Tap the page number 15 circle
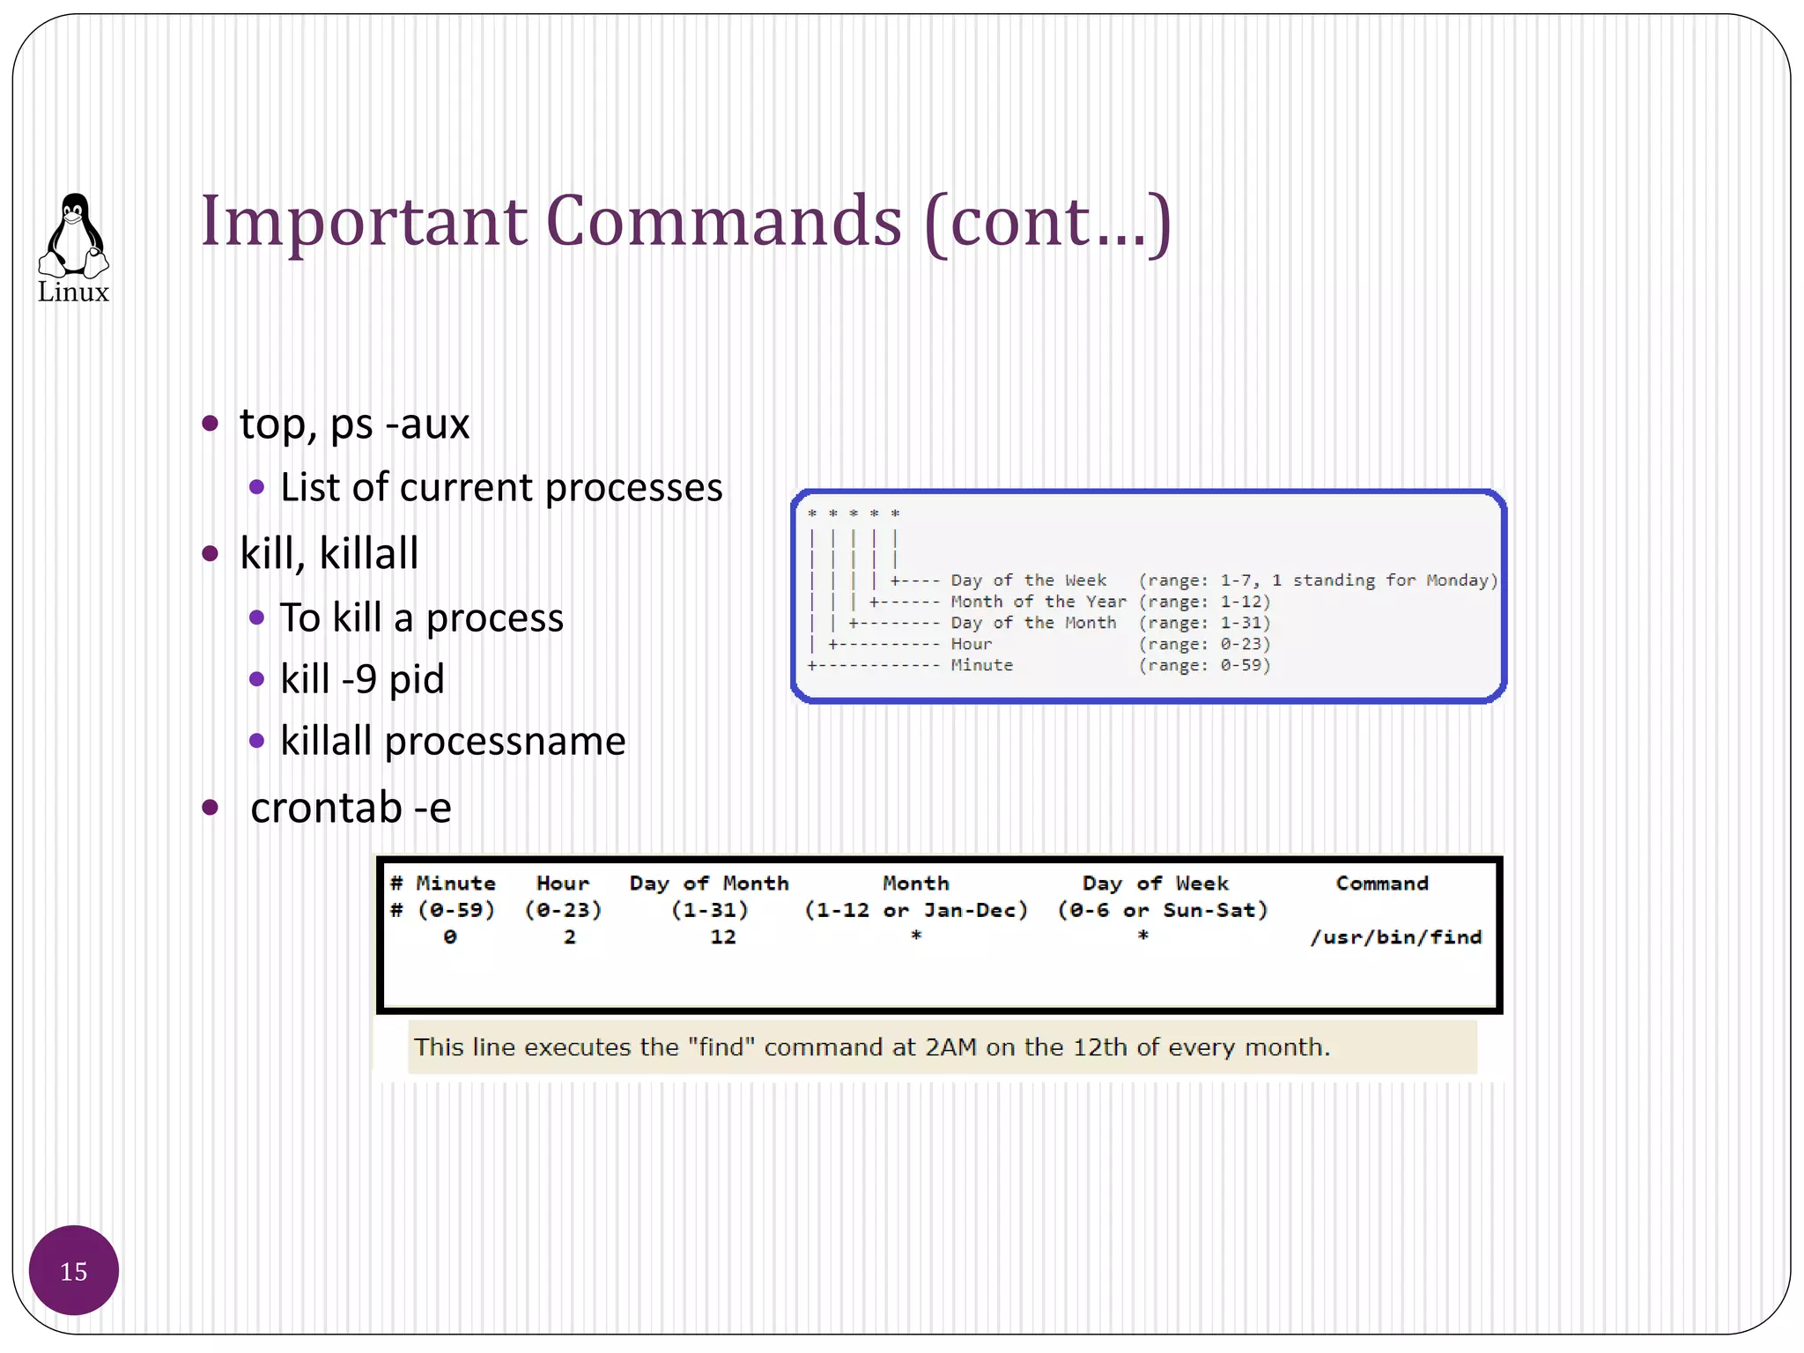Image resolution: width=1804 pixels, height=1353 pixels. [x=74, y=1270]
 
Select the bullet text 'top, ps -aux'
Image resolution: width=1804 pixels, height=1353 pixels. [x=354, y=424]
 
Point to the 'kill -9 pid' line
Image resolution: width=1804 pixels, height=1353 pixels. [x=362, y=679]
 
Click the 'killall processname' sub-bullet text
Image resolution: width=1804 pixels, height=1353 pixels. [x=453, y=741]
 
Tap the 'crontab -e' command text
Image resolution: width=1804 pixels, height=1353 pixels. [x=351, y=808]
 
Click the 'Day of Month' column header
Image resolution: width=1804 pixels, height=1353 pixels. [x=709, y=884]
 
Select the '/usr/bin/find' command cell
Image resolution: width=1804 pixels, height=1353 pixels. [x=1395, y=937]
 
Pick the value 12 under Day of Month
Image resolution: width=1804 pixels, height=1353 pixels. [x=723, y=937]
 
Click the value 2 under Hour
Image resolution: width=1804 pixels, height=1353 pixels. [x=570, y=937]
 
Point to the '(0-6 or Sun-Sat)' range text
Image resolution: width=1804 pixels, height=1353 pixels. [x=1162, y=910]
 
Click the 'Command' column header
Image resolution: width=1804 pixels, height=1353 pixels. [x=1382, y=884]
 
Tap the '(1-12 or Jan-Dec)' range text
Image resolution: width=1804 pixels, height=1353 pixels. [x=916, y=910]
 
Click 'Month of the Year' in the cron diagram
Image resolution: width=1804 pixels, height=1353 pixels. [x=1038, y=602]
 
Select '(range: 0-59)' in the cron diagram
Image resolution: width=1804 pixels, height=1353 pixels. [x=1204, y=665]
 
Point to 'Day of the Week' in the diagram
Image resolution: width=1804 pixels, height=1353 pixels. [x=1028, y=580]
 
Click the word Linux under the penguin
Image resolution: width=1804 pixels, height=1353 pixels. [x=74, y=292]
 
